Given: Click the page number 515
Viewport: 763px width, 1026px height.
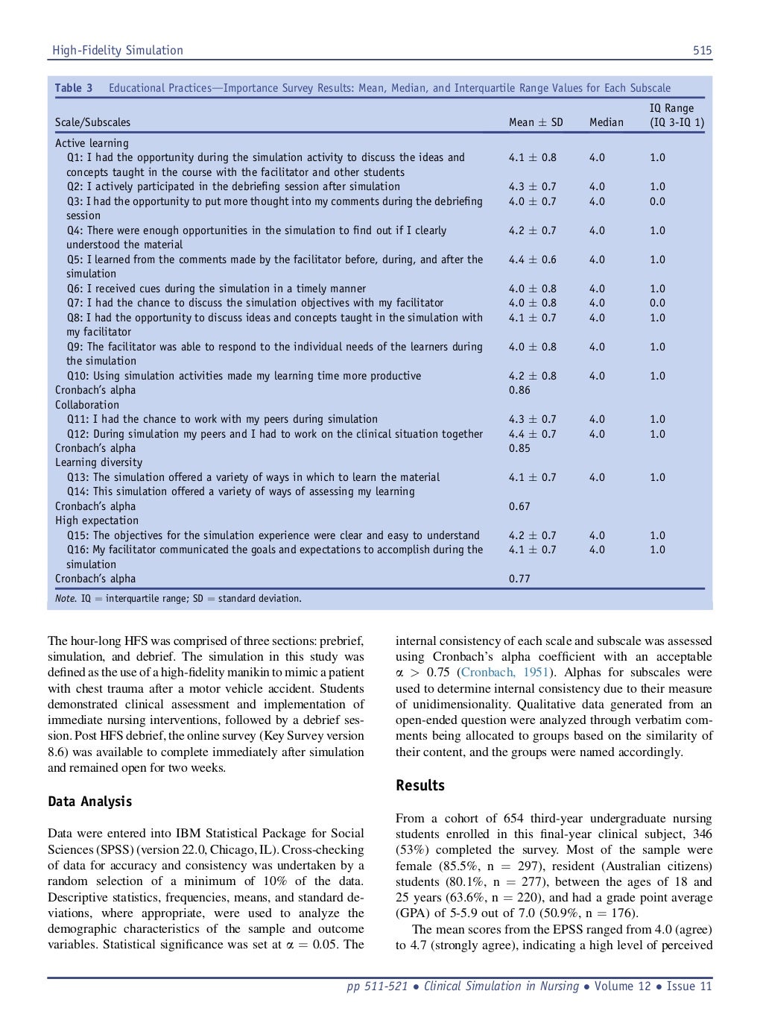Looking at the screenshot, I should [702, 51].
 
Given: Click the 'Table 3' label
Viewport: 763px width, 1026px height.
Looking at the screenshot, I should [74, 88].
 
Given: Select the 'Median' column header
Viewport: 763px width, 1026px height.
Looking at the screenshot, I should [606, 122].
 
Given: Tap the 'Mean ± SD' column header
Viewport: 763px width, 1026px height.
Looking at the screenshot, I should [536, 122].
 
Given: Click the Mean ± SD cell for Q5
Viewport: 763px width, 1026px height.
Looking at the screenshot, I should [532, 259].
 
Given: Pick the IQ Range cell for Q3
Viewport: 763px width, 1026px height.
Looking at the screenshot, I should [657, 201].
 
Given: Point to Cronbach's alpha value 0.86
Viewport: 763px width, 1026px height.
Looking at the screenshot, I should [519, 390].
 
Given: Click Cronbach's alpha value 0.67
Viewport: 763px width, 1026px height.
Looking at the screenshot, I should [519, 506].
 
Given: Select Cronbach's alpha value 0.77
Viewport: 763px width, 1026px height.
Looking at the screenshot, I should [519, 579].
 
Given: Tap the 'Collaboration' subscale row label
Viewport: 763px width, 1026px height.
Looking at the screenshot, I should [87, 405].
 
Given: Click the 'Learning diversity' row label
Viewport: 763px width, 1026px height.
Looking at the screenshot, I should [98, 462].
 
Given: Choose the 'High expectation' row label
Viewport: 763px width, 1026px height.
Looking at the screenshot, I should [97, 520].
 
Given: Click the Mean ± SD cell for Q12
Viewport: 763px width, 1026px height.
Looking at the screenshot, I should [532, 434].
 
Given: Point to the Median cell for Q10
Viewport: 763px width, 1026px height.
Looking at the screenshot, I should [597, 376].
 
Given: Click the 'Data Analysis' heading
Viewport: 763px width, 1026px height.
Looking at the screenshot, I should [89, 802].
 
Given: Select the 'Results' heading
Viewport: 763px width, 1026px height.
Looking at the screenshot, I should [420, 785].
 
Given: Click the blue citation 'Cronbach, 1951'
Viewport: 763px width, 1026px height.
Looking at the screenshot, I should [504, 673].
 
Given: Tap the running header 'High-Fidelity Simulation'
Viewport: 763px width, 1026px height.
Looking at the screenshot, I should [117, 51].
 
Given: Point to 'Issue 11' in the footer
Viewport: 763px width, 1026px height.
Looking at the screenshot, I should [689, 986].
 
